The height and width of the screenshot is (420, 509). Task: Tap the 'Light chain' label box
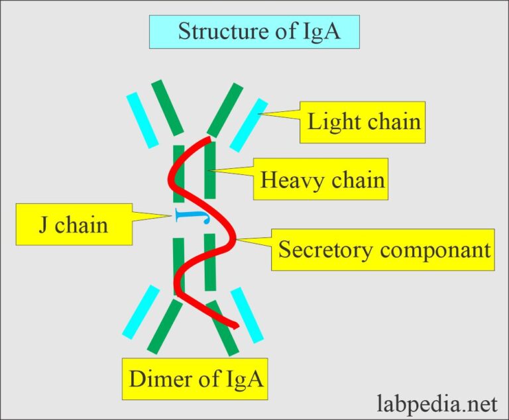point(363,122)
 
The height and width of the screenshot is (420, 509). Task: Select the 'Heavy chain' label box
point(321,180)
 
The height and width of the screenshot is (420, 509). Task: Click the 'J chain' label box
point(73,225)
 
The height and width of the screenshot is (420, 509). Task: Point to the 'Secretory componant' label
point(383,249)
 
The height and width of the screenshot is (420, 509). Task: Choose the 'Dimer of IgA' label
point(194,379)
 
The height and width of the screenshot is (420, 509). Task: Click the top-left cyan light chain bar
point(142,119)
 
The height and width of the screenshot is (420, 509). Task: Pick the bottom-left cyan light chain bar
point(141,311)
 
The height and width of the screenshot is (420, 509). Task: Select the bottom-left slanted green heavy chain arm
point(164,326)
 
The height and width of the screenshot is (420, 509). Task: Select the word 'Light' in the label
point(331,122)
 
